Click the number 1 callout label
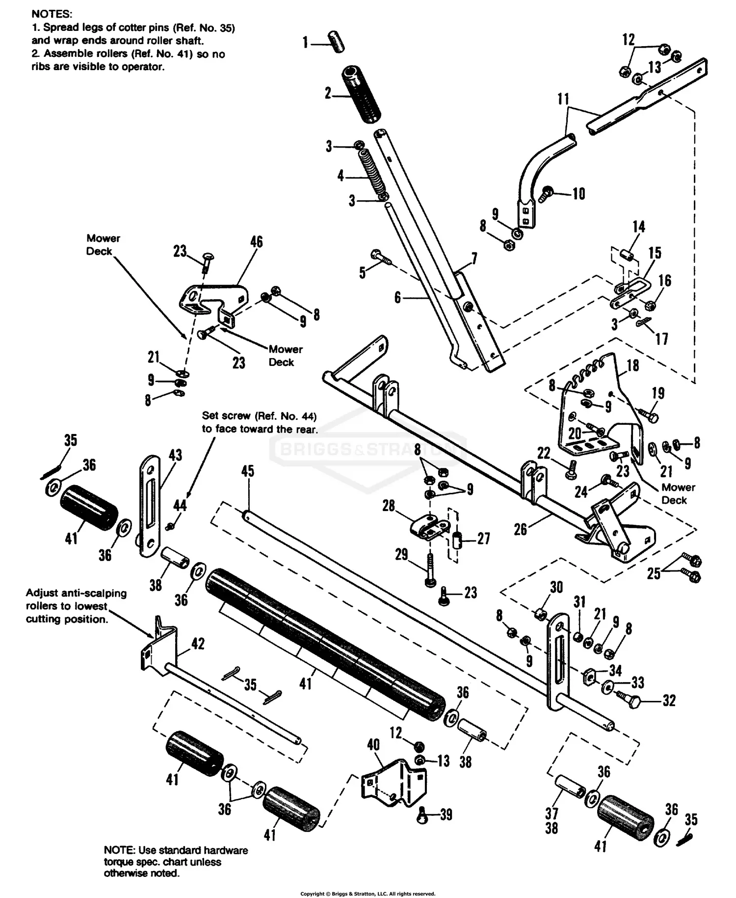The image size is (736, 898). tap(305, 43)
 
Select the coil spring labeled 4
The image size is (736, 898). tap(372, 174)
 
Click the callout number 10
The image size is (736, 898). tap(579, 194)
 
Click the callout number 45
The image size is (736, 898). tap(248, 471)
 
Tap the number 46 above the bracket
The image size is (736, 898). tap(256, 242)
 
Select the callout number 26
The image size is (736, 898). tap(520, 529)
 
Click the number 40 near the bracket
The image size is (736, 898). tap(373, 744)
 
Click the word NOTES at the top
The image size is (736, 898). tap(52, 14)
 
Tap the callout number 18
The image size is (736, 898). tap(633, 365)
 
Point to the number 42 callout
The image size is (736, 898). tap(198, 643)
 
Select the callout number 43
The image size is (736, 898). tap(176, 455)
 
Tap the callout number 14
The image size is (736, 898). tap(638, 227)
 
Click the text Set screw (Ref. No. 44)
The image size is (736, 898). tap(259, 416)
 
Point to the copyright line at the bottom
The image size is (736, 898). tap(368, 894)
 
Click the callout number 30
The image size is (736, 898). tap(556, 587)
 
